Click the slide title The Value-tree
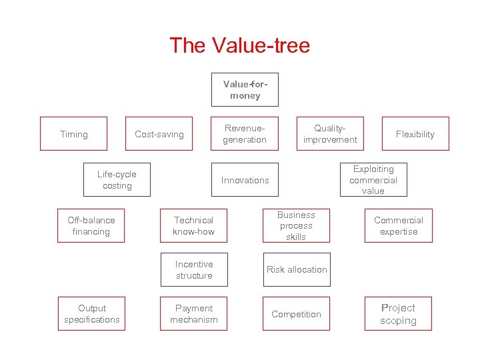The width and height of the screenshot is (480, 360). (x=239, y=45)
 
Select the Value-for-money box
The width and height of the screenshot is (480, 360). (x=245, y=90)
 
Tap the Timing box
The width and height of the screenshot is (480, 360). (x=73, y=134)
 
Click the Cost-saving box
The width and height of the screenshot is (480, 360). (x=159, y=134)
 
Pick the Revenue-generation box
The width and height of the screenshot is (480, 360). (x=245, y=134)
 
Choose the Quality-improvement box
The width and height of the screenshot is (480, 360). (x=330, y=134)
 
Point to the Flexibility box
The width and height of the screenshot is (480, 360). (x=415, y=134)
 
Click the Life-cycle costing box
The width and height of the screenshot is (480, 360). (x=117, y=180)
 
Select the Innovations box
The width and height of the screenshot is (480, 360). (x=245, y=180)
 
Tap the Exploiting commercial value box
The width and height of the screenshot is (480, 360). (x=373, y=180)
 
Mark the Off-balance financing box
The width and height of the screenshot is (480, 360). (x=91, y=226)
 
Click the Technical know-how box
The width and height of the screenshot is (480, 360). (x=193, y=226)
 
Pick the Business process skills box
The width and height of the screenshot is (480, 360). (x=296, y=226)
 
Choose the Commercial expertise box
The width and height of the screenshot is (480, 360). (x=398, y=226)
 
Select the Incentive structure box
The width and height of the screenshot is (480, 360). (x=193, y=270)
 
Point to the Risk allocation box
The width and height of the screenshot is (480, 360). (x=296, y=270)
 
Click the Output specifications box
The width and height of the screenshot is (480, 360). (x=91, y=314)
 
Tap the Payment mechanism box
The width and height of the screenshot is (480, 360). (x=193, y=314)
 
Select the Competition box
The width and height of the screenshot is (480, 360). (x=296, y=314)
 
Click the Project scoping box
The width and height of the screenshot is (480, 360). (x=398, y=314)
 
